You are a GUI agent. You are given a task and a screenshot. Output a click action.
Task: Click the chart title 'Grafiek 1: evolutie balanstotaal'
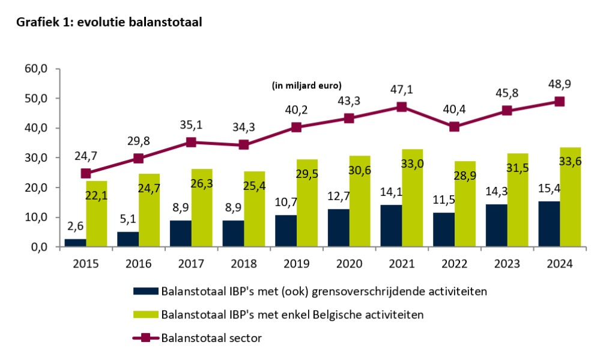(109, 22)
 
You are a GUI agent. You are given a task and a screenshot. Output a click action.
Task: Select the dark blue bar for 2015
(75, 243)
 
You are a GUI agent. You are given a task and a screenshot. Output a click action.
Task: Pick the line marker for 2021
(401, 107)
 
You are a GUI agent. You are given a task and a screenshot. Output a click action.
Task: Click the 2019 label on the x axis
(296, 263)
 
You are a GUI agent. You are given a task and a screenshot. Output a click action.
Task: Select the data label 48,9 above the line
(559, 85)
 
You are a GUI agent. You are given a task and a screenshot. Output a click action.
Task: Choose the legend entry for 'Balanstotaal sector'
(211, 338)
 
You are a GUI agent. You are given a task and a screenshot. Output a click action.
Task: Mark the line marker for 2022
(454, 127)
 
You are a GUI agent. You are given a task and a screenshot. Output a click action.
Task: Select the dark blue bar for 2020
(339, 228)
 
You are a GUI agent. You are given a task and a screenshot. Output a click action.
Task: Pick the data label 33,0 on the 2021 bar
(412, 162)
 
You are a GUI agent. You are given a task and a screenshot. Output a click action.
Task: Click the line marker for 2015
(86, 174)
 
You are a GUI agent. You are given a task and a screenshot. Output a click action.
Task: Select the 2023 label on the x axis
(507, 263)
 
